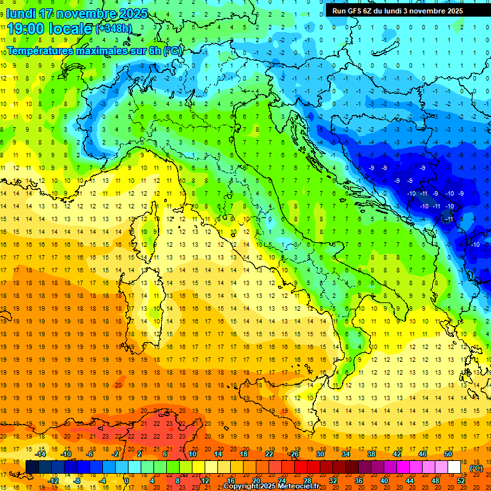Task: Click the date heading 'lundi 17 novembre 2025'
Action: pos(77,13)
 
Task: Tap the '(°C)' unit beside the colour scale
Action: pos(476,468)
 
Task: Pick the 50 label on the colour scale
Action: pos(448,454)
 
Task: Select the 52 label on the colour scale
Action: pos(461,481)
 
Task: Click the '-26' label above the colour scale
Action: pos(293,454)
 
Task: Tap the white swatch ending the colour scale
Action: pos(454,467)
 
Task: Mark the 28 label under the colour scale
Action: pos(307,481)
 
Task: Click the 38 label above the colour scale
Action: pos(371,454)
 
